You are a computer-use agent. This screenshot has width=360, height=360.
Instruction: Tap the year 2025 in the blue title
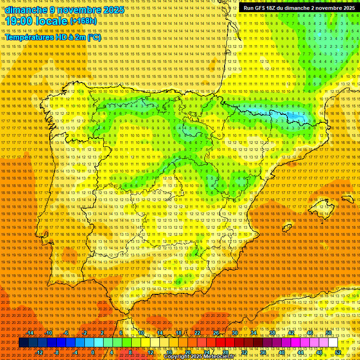click(x=113, y=10)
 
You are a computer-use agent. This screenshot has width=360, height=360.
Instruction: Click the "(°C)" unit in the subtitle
click(x=94, y=37)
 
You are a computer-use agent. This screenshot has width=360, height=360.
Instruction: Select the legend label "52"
click(x=337, y=352)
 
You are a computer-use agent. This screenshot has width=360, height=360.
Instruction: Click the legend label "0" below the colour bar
click(x=93, y=352)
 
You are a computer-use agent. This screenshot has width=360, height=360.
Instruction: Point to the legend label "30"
click(x=235, y=333)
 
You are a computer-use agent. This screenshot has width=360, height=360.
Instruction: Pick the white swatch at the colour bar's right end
click(x=333, y=343)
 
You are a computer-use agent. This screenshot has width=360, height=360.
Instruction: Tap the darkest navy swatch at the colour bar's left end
click(x=23, y=343)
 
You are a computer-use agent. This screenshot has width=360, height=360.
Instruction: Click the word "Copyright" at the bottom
click(x=177, y=357)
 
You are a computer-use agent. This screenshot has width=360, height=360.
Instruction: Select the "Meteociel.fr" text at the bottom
click(x=224, y=357)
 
